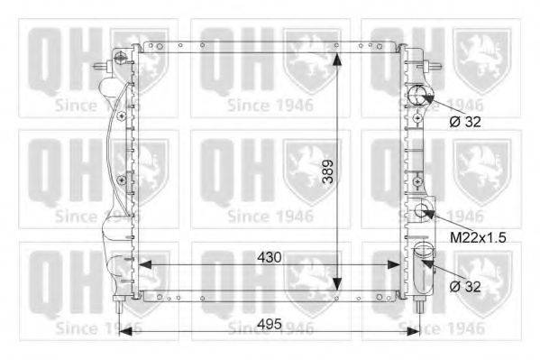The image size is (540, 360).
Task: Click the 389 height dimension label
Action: (328, 171)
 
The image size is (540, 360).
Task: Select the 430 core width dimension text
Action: (270, 257)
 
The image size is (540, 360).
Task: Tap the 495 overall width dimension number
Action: (270, 324)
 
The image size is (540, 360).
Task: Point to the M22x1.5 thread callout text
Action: (478, 237)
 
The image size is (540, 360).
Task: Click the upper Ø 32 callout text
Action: (465, 122)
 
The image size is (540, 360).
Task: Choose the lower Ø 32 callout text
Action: (465, 286)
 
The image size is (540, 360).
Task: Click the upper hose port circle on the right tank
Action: (417, 95)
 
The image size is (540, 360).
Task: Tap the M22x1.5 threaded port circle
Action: (421, 210)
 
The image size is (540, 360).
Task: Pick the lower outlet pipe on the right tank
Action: (423, 268)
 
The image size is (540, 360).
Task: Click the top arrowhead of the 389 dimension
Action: (337, 60)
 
